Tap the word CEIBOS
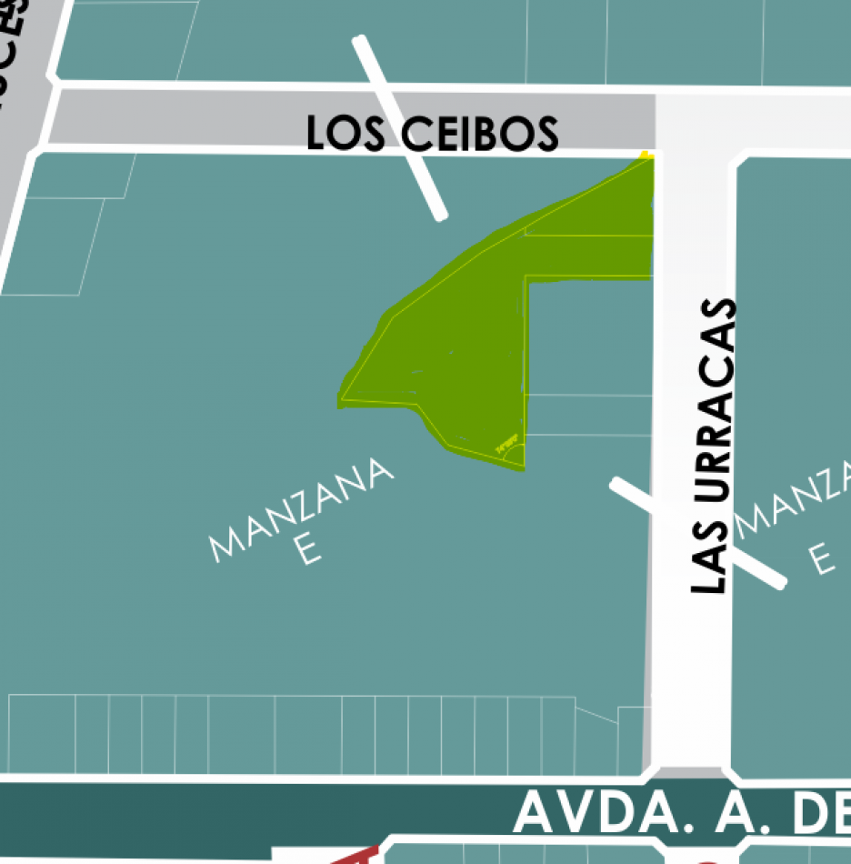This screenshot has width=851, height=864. tap(479, 135)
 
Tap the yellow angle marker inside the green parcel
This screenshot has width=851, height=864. tap(509, 447)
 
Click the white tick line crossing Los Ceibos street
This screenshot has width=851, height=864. tap(400, 127)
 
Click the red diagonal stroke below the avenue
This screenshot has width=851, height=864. tap(355, 856)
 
